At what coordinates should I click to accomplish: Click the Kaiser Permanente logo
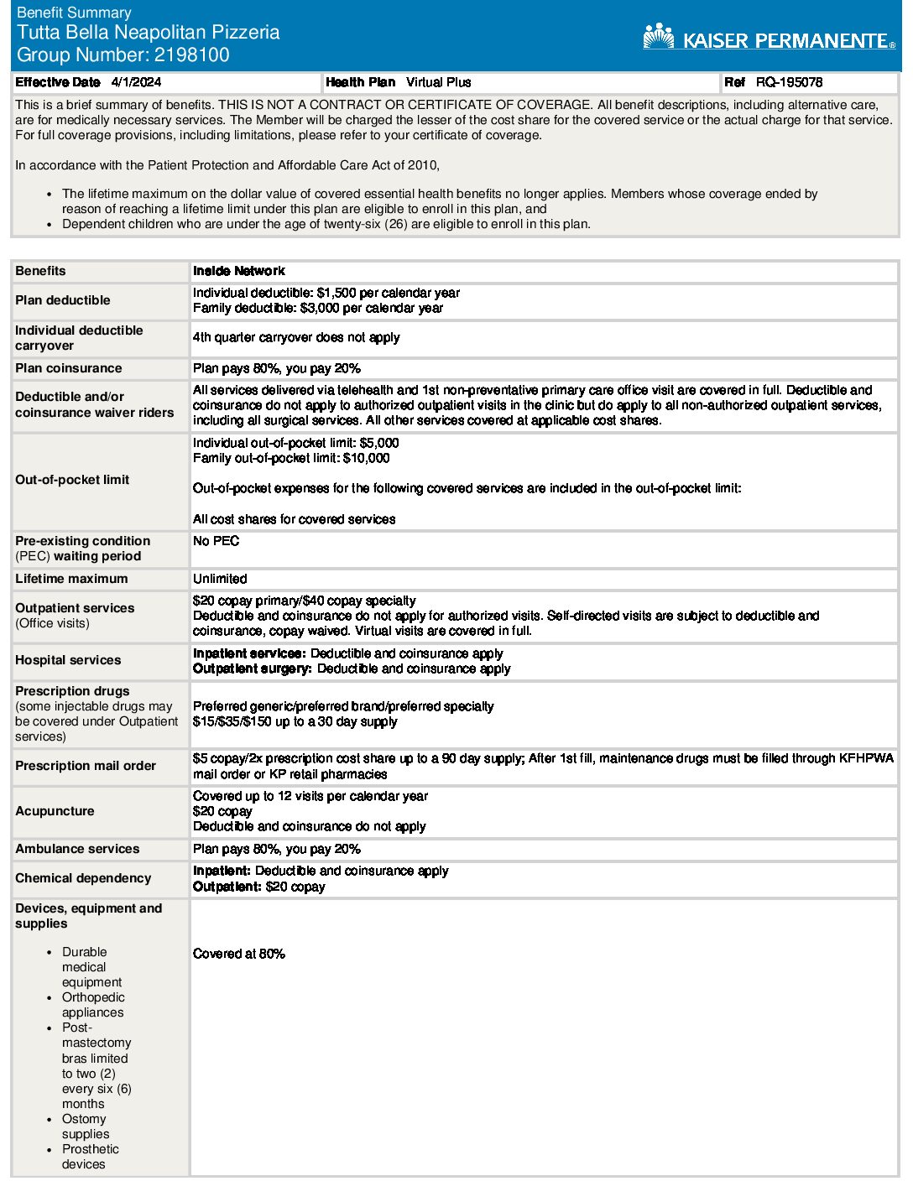pos(769,38)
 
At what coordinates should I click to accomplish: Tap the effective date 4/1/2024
pos(136,82)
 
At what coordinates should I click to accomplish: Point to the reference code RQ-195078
pos(789,82)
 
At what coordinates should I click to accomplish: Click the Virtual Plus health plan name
pos(438,82)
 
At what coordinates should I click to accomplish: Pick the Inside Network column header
pos(239,271)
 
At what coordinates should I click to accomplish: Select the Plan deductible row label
pos(63,300)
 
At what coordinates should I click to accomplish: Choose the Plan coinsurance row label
pos(69,368)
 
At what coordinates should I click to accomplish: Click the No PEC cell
pos(217,541)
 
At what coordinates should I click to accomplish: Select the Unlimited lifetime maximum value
pos(220,579)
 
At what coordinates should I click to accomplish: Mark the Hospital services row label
pos(68,660)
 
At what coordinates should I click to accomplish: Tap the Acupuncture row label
pos(55,811)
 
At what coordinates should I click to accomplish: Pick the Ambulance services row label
pos(77,849)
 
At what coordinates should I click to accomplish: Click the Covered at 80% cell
pos(239,954)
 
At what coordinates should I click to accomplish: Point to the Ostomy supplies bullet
pos(85,1126)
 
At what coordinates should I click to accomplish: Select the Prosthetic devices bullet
pos(90,1157)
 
